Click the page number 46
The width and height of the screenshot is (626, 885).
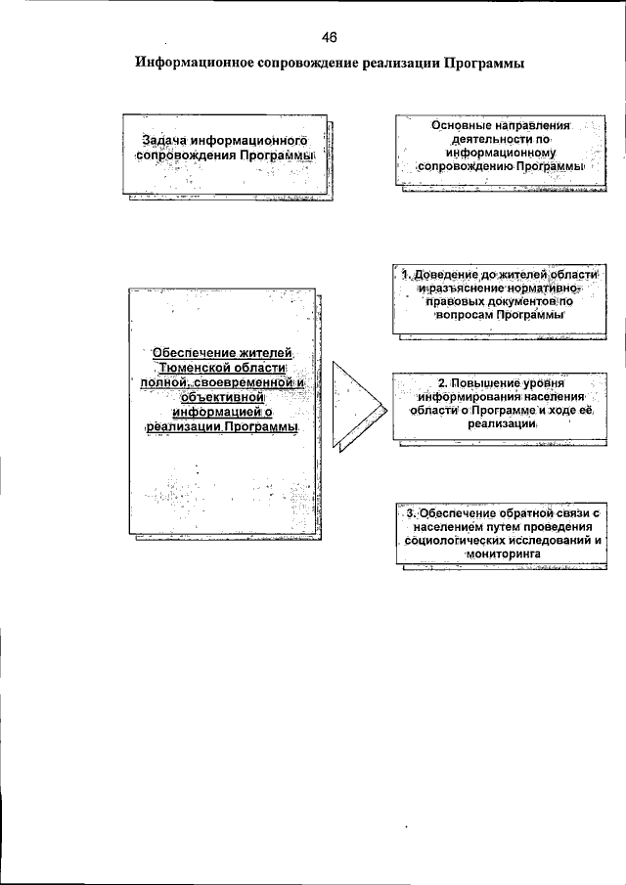pos(329,37)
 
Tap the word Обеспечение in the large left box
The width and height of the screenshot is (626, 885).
pos(193,352)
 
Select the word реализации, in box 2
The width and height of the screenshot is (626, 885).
pos(503,426)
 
